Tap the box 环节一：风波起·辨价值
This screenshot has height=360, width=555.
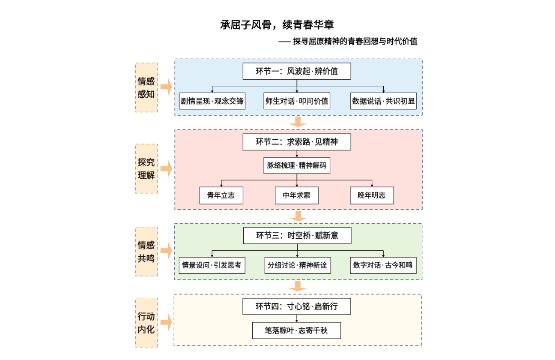[x=297, y=71]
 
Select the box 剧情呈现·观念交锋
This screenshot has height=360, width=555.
[x=212, y=101]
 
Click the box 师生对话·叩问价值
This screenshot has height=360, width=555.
[x=297, y=101]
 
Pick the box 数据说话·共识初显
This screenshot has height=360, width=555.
[x=383, y=101]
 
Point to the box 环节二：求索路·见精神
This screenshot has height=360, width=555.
[x=297, y=142]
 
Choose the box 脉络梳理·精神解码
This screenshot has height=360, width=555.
[x=297, y=165]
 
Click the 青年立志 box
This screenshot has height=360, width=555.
[x=221, y=195]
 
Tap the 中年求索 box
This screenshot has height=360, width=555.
[x=297, y=195]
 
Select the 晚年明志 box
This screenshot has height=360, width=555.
[x=372, y=195]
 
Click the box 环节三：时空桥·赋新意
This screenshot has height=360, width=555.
[x=297, y=235]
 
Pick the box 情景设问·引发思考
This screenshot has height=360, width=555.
[x=212, y=265]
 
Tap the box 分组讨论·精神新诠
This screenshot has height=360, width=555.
[x=297, y=265]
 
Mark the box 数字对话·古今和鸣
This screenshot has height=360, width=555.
[x=383, y=265]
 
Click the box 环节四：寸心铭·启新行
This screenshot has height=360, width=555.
[x=297, y=306]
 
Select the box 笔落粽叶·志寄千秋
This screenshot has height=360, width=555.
[x=297, y=330]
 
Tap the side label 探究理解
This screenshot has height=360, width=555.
[x=146, y=169]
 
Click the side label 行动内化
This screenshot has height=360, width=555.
[x=146, y=323]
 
